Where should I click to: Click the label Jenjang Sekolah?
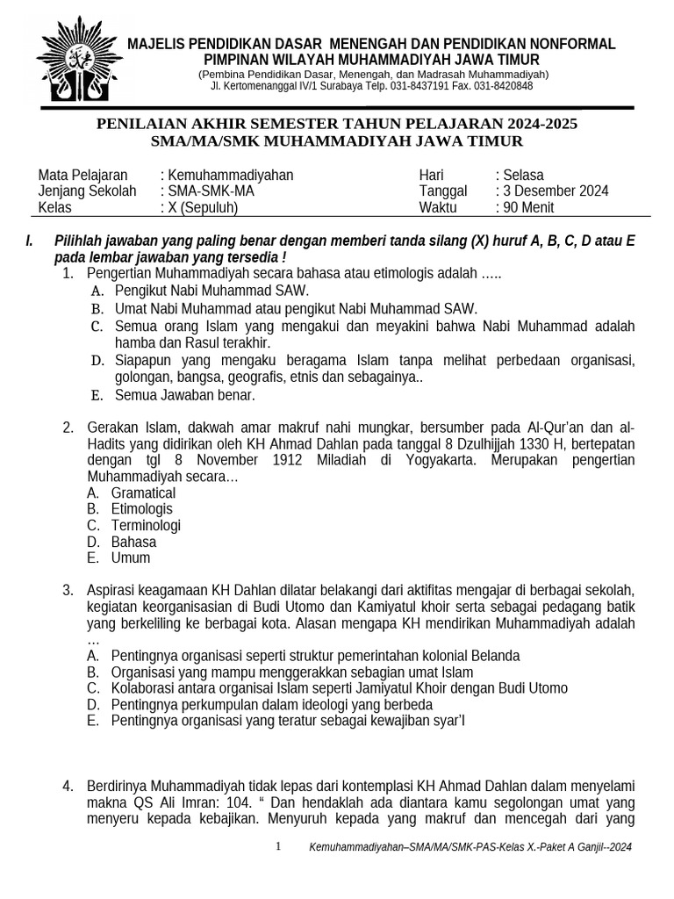[x=87, y=191]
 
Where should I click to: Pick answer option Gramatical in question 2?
[x=143, y=493]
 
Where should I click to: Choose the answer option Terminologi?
[x=146, y=526]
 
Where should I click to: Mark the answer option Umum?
[x=131, y=558]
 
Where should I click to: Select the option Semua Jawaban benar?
[x=184, y=395]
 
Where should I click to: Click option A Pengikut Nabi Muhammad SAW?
[x=212, y=291]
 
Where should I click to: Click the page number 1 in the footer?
[x=278, y=846]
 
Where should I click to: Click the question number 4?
[x=68, y=786]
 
